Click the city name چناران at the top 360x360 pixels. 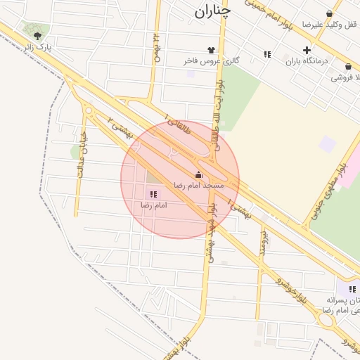click(x=212, y=11)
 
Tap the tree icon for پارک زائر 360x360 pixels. click(x=37, y=35)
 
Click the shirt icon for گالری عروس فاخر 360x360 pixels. click(x=210, y=50)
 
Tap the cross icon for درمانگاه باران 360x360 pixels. click(x=306, y=50)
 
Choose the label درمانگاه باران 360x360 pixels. click(x=307, y=61)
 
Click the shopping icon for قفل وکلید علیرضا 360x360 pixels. click(x=329, y=13)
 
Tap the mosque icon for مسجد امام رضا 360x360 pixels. click(x=198, y=175)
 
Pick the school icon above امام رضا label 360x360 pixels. click(x=153, y=193)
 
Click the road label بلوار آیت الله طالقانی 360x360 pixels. click(x=219, y=120)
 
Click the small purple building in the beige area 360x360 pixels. click(x=327, y=145)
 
